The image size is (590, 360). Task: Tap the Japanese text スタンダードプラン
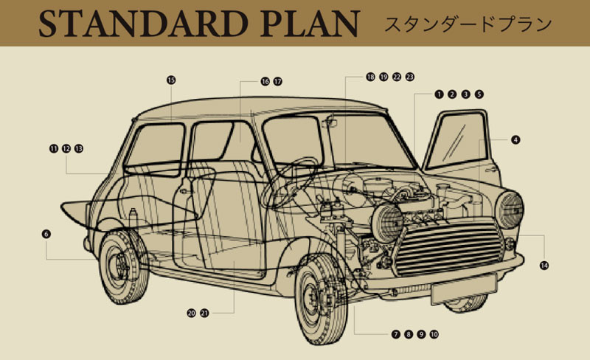pos(468,23)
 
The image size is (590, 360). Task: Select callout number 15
pos(171,80)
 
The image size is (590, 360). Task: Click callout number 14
pos(544,265)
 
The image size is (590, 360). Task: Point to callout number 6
pos(46,234)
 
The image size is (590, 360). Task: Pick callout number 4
pos(516,139)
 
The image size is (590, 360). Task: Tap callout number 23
pos(410,77)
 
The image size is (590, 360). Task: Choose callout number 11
pos(53,148)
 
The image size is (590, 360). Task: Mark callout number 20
pos(192,313)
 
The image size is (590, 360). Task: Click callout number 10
pos(434,334)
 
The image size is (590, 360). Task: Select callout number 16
pos(264,81)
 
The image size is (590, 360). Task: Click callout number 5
pos(479,94)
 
